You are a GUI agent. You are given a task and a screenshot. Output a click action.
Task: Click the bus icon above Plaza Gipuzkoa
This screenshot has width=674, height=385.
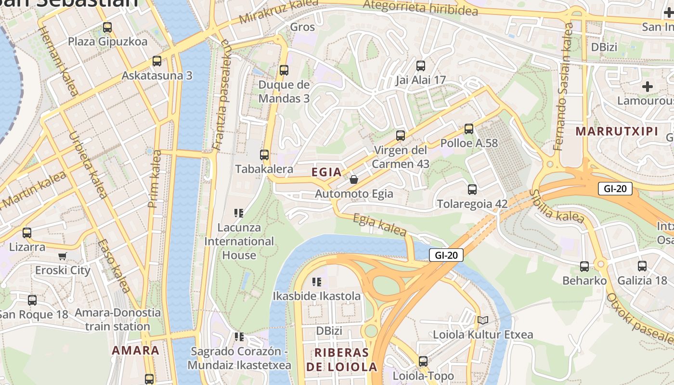107,27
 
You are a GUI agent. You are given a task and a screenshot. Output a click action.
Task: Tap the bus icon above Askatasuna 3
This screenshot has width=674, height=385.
157,61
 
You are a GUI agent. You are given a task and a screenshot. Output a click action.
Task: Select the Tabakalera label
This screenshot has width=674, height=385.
264,169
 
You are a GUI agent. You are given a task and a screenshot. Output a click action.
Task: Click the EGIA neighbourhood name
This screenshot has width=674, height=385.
326,172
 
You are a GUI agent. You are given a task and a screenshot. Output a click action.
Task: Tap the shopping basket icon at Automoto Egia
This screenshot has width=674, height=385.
354,180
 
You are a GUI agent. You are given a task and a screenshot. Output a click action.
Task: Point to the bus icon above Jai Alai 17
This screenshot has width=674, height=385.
421,65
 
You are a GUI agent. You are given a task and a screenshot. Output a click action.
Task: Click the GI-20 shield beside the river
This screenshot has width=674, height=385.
446,256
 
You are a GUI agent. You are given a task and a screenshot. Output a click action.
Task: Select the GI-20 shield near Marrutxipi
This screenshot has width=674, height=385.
615,189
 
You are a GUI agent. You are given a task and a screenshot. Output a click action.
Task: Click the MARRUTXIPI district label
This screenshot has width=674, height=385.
617,131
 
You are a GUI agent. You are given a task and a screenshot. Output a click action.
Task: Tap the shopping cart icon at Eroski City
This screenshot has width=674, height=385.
62,256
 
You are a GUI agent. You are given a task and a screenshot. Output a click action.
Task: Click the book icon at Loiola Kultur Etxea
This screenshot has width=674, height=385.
483,320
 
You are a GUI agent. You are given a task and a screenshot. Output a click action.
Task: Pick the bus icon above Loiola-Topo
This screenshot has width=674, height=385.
423,361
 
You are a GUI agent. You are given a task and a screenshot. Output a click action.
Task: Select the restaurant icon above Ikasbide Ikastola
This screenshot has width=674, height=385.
316,282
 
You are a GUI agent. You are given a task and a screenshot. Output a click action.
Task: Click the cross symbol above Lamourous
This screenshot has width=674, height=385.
648,87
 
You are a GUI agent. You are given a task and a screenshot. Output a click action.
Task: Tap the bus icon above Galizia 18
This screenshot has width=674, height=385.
642,266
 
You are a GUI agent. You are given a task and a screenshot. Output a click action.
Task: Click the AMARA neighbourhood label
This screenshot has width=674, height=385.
135,350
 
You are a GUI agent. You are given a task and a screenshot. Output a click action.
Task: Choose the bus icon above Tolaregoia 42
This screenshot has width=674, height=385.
472,189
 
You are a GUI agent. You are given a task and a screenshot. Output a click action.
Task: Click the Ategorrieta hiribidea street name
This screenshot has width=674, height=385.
421,8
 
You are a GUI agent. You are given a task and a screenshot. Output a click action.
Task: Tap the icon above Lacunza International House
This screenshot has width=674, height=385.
239,213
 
